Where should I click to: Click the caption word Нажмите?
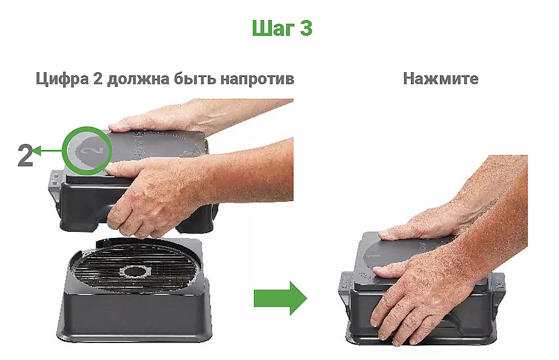[441, 80]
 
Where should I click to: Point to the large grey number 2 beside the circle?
[25, 155]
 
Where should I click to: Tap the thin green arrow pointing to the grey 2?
[49, 150]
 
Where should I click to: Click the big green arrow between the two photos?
[280, 298]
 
